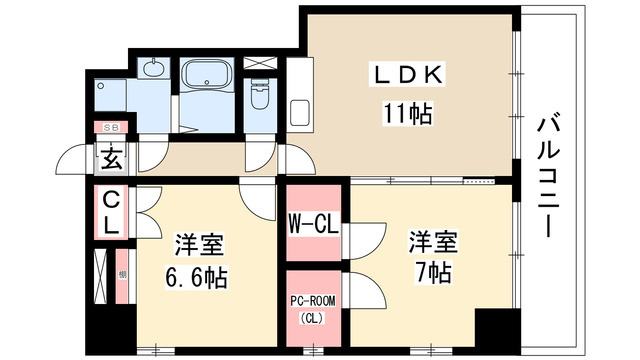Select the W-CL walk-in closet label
point(312,222)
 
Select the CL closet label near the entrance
point(111,212)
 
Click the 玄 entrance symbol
point(109,158)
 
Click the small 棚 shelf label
point(121,274)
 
